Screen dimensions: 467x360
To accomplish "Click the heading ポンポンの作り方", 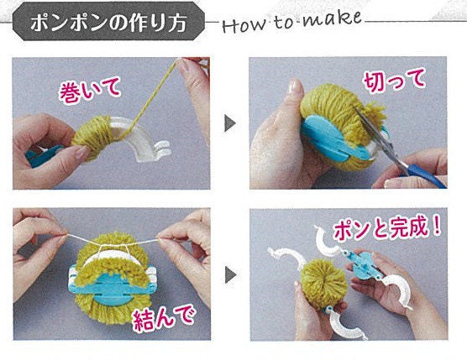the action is (x=108, y=23).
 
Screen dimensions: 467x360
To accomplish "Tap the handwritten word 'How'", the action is (x=244, y=26).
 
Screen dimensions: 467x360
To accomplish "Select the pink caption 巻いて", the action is (x=90, y=89).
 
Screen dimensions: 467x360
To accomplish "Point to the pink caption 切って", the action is (x=394, y=80).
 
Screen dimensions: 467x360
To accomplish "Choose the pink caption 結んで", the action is (x=164, y=318).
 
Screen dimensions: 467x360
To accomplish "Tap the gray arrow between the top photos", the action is (x=229, y=123).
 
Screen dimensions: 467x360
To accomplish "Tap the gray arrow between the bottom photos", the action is (x=230, y=274).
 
